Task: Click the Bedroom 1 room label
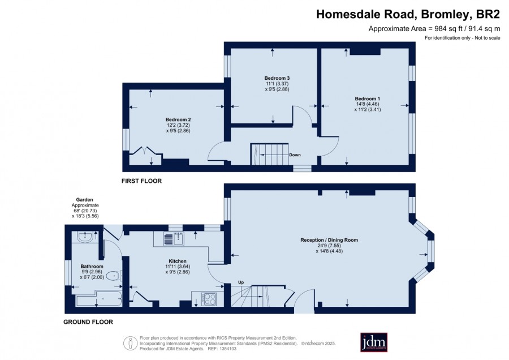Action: pyautogui.click(x=368, y=98)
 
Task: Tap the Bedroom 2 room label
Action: pyautogui.click(x=178, y=119)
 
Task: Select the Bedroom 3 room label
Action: pyautogui.click(x=277, y=78)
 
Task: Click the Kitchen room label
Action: pyautogui.click(x=178, y=261)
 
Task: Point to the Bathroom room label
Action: pyautogui.click(x=92, y=266)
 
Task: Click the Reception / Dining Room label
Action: pyautogui.click(x=329, y=240)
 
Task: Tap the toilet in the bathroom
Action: pyautogui.click(x=114, y=276)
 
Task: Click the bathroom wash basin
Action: pyautogui.click(x=85, y=237)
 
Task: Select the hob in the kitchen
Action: pyautogui.click(x=209, y=299)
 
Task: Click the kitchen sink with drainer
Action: pyautogui.click(x=174, y=239)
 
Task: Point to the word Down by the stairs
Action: pyautogui.click(x=295, y=155)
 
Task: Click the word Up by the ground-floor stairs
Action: pyautogui.click(x=241, y=282)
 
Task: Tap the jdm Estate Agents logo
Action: pyautogui.click(x=374, y=342)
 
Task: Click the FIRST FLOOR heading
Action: pyautogui.click(x=141, y=181)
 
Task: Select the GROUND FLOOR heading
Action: pyautogui.click(x=88, y=322)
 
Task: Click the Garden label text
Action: pyautogui.click(x=84, y=200)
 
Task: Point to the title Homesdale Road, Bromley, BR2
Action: pyautogui.click(x=408, y=14)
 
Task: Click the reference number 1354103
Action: pyautogui.click(x=228, y=349)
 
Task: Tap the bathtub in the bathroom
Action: pyautogui.click(x=98, y=299)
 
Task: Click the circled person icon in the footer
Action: pyautogui.click(x=130, y=343)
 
